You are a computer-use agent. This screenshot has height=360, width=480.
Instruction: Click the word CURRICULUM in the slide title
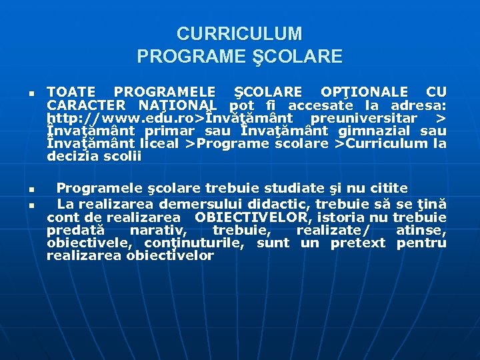[239, 33]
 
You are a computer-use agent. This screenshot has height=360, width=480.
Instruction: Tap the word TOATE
[71, 92]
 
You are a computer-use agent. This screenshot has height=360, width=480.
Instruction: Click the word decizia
[71, 156]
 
